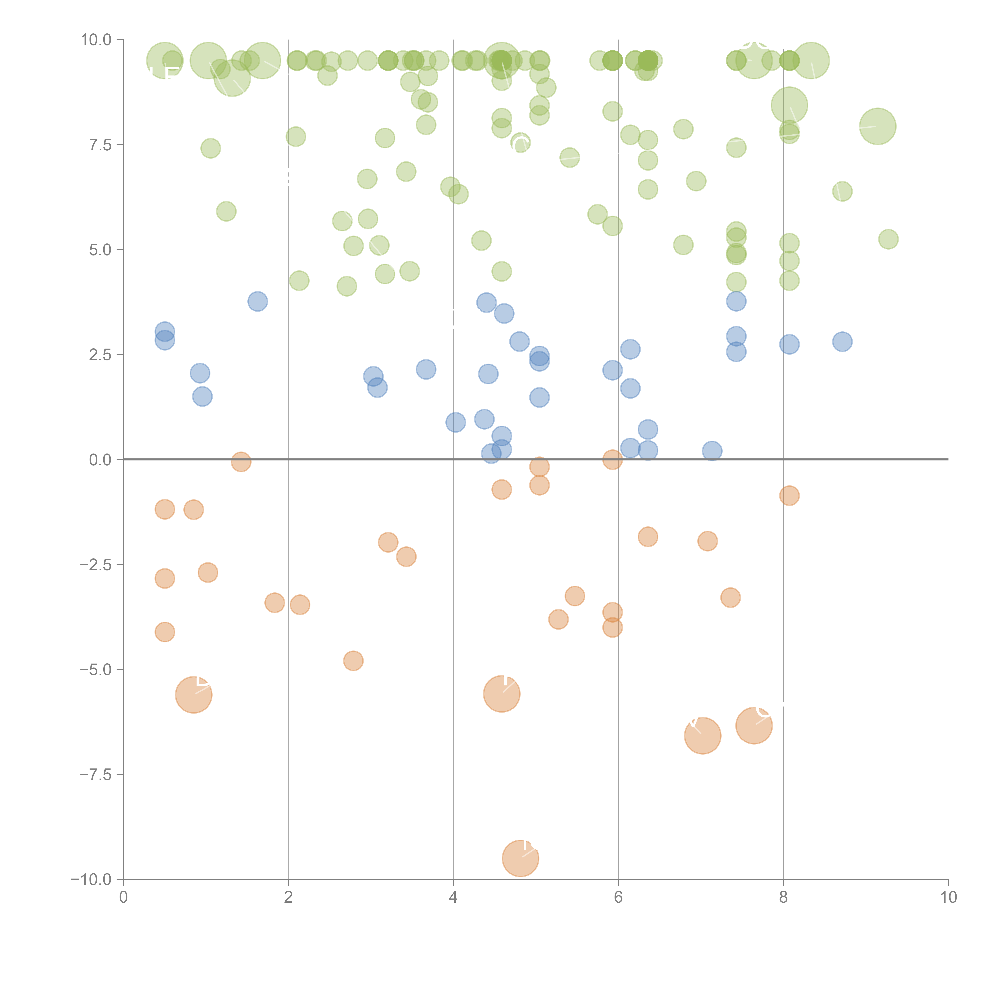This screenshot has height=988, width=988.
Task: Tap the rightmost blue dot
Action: [x=842, y=342]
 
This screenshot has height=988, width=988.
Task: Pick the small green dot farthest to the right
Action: [x=888, y=239]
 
